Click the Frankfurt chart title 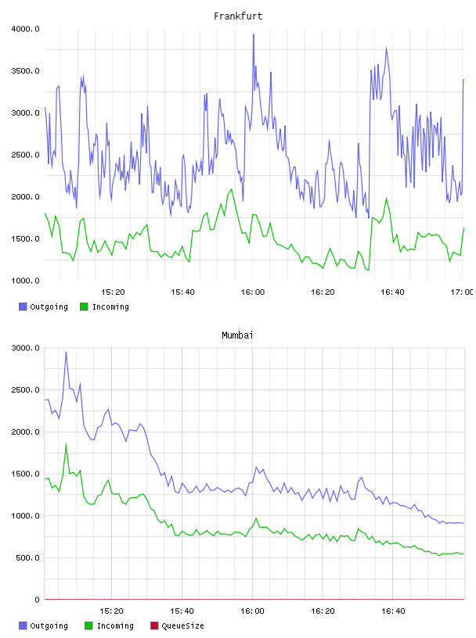click(238, 16)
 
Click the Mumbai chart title click(237, 335)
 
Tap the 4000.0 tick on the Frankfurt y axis click(25, 29)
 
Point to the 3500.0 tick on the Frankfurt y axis click(25, 71)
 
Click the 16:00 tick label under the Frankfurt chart click(253, 292)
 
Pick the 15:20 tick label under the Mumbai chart click(112, 611)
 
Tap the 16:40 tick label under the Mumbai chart click(393, 611)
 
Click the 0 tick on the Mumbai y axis click(37, 600)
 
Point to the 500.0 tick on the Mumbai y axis click(27, 557)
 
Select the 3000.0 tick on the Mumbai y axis click(25, 348)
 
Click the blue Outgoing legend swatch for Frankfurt click(23, 306)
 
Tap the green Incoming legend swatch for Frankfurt click(84, 306)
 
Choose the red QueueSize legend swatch click(154, 625)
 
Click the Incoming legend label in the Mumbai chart click(115, 625)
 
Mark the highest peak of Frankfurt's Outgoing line click(254, 34)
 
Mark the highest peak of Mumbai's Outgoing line click(66, 353)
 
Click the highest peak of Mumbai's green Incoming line click(66, 445)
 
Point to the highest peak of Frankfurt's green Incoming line click(232, 189)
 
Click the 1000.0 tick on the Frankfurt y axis click(25, 281)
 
